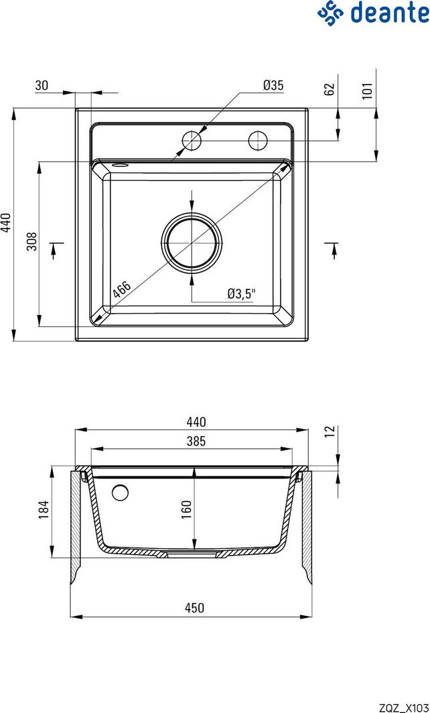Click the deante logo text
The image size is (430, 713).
tap(390, 13)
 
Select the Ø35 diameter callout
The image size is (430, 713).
tap(273, 85)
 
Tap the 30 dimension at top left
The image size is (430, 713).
tap(42, 85)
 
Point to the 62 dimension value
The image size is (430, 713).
tap(330, 88)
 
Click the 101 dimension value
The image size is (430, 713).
tap(368, 90)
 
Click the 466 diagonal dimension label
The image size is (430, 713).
tap(122, 289)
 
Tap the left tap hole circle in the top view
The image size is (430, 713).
tap(192, 141)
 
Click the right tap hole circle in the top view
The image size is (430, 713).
tap(258, 141)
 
